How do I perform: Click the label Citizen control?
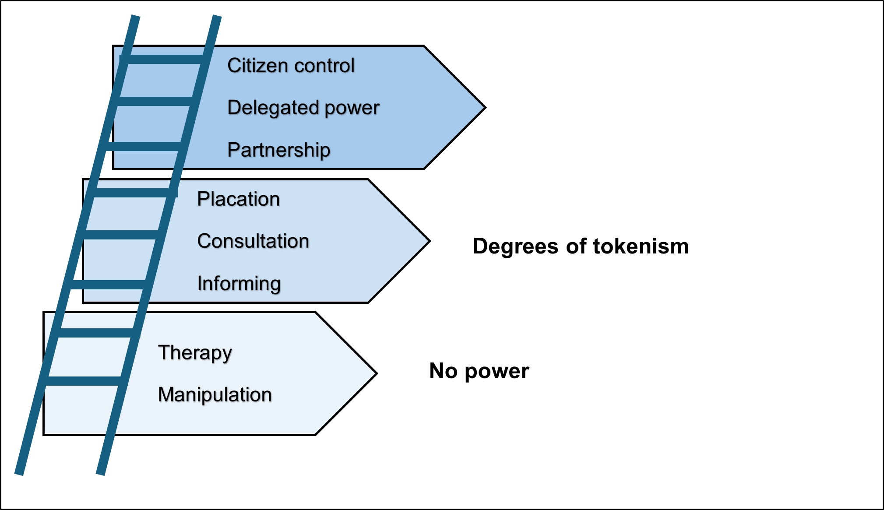click(291, 66)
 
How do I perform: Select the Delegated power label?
click(303, 108)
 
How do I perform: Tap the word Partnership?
click(279, 150)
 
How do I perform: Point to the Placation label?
click(239, 199)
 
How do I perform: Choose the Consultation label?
click(253, 241)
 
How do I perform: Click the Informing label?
click(239, 284)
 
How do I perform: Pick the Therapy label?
click(195, 353)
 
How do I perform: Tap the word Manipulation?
click(215, 395)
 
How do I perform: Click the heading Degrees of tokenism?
click(581, 247)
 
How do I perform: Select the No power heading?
click(479, 371)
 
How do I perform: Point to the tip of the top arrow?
click(485, 107)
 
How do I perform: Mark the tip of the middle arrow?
click(430, 241)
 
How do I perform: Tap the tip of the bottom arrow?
click(376, 373)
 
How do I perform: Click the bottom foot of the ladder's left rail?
click(19, 473)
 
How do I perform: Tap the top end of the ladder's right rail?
click(217, 18)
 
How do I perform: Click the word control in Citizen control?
click(324, 66)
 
